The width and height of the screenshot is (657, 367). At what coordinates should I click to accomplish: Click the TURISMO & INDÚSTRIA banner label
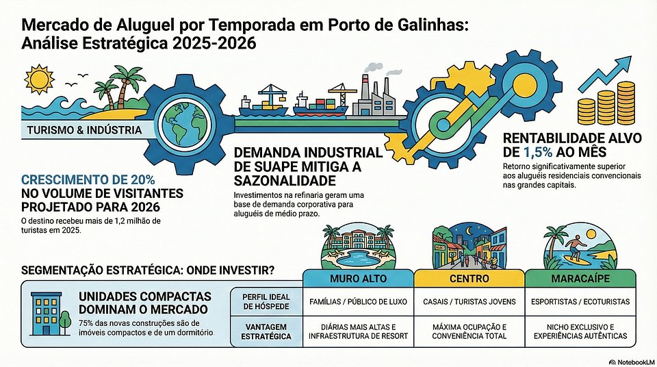(x=85, y=130)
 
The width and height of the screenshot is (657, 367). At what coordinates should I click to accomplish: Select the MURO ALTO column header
(x=359, y=279)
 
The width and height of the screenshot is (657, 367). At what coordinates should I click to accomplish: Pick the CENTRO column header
(x=469, y=279)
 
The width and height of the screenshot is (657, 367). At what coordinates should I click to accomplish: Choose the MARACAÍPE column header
(x=580, y=279)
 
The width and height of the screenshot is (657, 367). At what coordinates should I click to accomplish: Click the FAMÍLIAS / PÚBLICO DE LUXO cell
(x=359, y=301)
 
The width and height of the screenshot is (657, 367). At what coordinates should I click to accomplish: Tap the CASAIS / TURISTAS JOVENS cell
(x=469, y=301)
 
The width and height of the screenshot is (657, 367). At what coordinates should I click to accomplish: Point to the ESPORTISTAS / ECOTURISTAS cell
(x=580, y=301)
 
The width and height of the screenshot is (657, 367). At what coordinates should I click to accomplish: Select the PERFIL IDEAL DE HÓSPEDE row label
(x=266, y=301)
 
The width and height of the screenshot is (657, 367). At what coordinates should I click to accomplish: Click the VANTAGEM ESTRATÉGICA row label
(x=266, y=331)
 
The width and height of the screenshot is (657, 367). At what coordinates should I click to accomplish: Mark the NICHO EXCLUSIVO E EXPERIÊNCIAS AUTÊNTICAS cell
(x=580, y=331)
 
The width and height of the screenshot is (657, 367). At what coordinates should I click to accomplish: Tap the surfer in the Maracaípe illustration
(x=574, y=244)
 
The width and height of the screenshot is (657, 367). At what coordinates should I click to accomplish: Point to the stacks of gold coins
(x=606, y=103)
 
